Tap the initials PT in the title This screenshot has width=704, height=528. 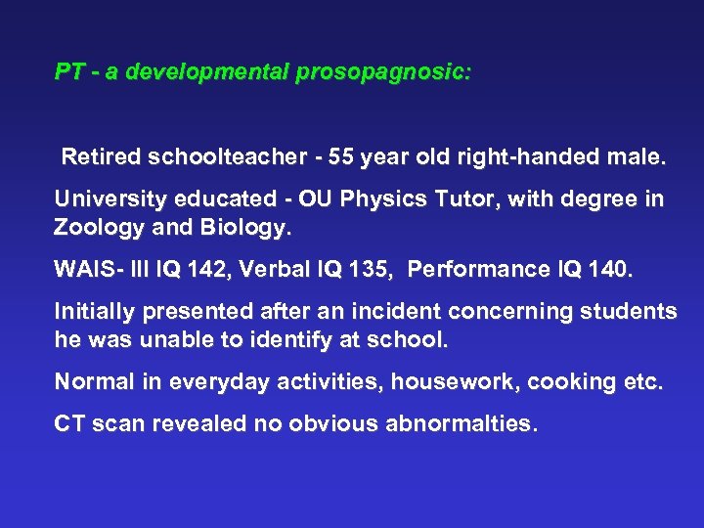(x=68, y=72)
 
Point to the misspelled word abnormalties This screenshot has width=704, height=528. (x=462, y=424)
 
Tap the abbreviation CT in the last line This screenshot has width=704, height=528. (x=68, y=424)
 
